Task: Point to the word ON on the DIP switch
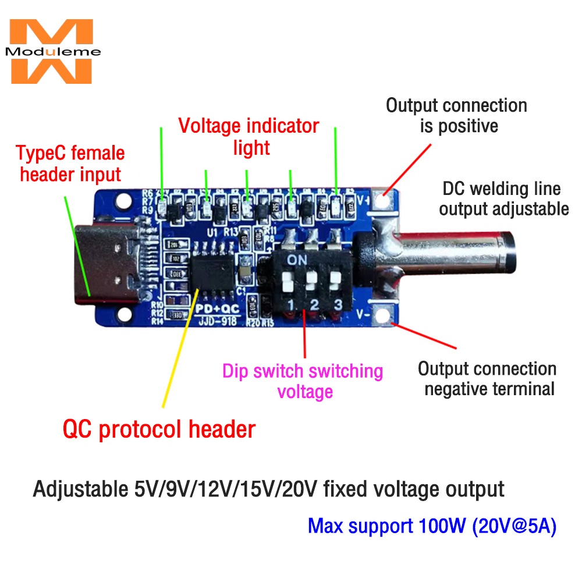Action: [297, 258]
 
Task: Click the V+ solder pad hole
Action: [383, 200]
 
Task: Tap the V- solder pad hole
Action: [382, 315]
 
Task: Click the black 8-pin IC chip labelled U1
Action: [214, 278]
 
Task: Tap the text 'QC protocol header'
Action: [159, 430]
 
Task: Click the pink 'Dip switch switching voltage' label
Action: [303, 381]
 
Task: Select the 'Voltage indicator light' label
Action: [249, 136]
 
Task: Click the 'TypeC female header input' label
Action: [70, 164]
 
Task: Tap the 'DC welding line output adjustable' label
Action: [503, 198]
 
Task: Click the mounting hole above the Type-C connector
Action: [123, 201]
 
